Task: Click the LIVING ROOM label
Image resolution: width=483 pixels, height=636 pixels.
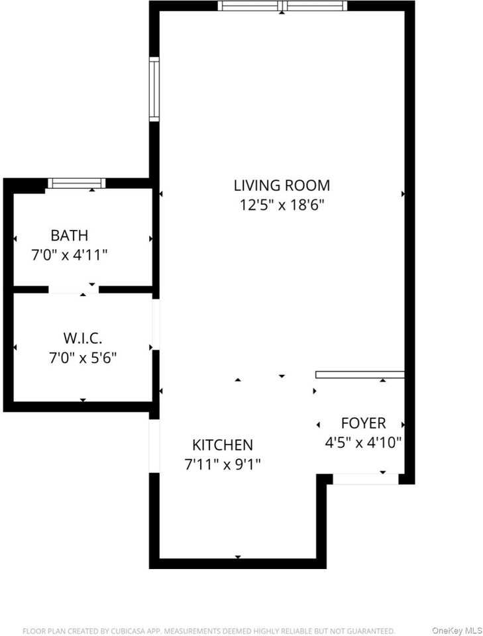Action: pos(282,185)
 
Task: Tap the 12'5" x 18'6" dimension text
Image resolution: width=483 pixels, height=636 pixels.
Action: pos(282,205)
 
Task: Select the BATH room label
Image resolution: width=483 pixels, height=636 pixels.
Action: pos(70,235)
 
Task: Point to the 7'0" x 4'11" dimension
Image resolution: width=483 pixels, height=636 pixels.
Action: pos(70,254)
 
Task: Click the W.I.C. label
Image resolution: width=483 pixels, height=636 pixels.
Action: pos(83,339)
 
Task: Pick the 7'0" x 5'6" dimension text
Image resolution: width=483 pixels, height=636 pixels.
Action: pos(83,358)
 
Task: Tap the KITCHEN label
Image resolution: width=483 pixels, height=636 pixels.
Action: pos(223,445)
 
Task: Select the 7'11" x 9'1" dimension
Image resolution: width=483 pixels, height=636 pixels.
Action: pos(223,464)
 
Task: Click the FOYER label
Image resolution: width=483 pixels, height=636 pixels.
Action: pos(363,423)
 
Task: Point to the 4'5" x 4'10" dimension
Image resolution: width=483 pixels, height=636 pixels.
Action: pos(363,443)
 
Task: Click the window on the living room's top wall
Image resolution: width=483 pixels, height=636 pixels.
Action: pos(283,7)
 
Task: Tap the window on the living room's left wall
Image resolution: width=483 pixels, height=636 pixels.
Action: pos(154,89)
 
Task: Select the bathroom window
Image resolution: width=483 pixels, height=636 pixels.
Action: pos(77,184)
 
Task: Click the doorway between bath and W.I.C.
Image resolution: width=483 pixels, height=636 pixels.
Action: pos(74,290)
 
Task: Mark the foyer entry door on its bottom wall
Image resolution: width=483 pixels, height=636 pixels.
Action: pos(365,478)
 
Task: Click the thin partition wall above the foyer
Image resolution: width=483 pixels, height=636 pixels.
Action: pos(360,374)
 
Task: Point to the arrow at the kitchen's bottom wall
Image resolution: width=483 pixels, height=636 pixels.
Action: pos(238,556)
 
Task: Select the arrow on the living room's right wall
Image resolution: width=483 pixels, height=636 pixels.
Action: pos(403,193)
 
